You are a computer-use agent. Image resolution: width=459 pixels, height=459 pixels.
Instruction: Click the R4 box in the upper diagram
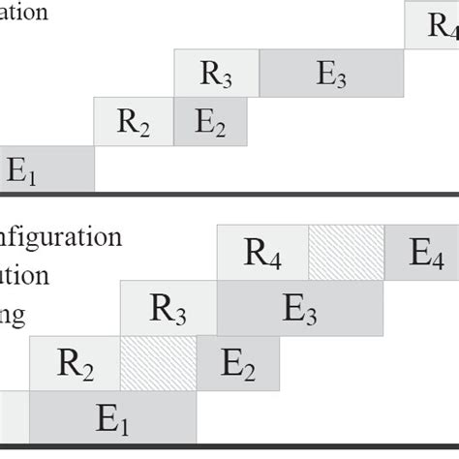[432, 24]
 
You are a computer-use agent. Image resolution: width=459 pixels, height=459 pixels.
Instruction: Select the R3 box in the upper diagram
[217, 74]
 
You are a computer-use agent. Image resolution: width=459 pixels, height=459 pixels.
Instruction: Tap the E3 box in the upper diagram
[330, 74]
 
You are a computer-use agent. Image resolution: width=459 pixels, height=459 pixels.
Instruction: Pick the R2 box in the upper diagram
[134, 121]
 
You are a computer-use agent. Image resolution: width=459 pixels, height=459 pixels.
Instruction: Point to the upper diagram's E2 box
[210, 121]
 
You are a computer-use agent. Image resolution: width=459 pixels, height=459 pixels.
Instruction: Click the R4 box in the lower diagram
[262, 254]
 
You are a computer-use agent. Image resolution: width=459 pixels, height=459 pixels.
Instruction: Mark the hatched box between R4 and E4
[347, 254]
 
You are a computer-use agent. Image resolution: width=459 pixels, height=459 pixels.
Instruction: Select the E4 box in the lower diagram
[422, 254]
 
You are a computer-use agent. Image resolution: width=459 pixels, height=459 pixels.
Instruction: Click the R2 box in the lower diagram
[75, 364]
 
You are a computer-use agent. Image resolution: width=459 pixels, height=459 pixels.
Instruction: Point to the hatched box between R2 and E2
[159, 364]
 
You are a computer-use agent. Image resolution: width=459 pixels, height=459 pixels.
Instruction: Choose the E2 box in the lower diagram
[236, 364]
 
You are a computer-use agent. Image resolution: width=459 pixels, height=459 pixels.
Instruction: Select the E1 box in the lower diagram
[112, 419]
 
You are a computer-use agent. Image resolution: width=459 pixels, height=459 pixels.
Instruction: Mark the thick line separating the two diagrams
[229, 195]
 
